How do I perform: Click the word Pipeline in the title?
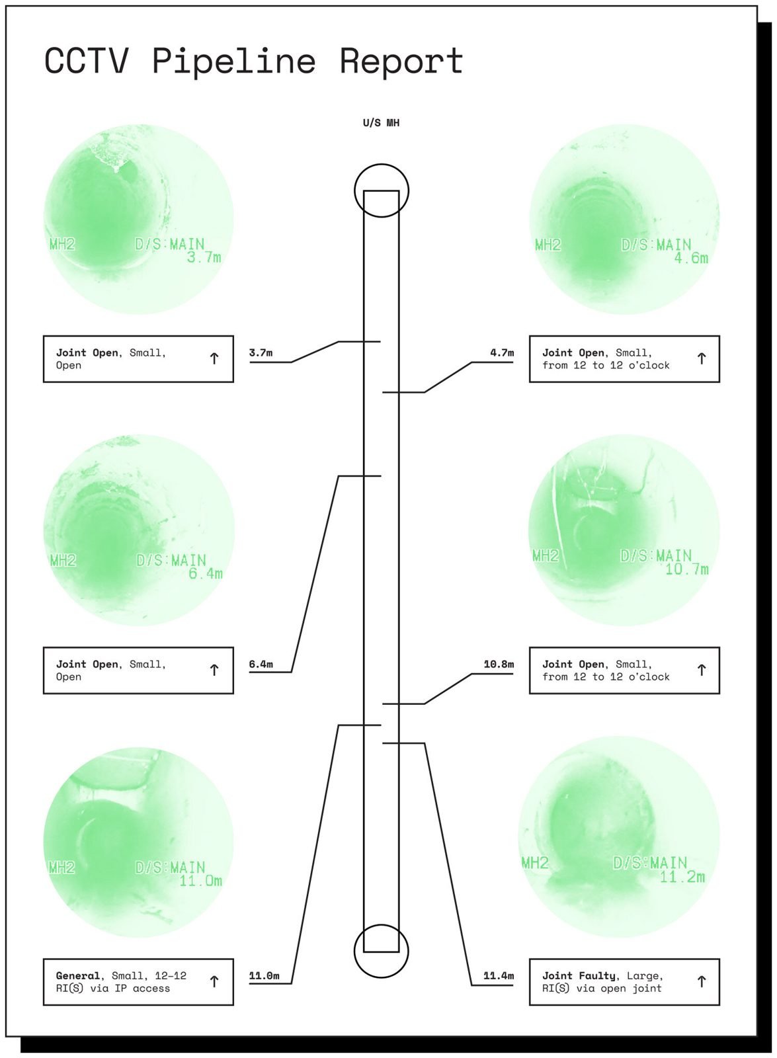pos(233,62)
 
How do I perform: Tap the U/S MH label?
pos(381,123)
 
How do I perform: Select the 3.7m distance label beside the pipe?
pos(261,353)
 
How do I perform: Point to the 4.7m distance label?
pos(502,353)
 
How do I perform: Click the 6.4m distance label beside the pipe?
pos(261,665)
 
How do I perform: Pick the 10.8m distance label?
pos(499,664)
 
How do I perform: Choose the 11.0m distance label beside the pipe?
pos(264,976)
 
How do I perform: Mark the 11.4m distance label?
pos(499,976)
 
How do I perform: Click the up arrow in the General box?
pos(214,981)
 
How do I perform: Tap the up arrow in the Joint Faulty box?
pos(702,981)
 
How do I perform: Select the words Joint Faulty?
pos(579,976)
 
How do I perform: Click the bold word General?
pos(78,976)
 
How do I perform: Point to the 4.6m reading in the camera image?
pos(691,259)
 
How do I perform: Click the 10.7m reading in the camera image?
pos(687,569)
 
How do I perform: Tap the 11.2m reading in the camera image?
pos(682,877)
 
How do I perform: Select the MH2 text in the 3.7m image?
pos(62,244)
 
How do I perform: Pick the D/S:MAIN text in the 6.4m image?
pos(171,560)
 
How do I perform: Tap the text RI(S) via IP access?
pos(113,989)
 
